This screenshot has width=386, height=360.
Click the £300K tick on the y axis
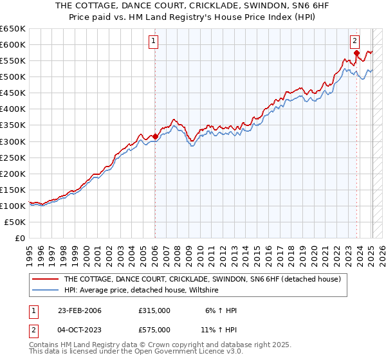12,141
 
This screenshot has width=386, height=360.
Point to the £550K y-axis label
12,60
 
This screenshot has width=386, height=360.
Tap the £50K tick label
15,222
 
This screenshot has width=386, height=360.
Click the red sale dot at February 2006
155,136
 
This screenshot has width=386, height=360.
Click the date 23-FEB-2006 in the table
80,310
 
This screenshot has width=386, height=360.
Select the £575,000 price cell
154,330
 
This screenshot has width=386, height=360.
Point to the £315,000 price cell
154,310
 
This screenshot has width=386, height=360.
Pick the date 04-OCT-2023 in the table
80,330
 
